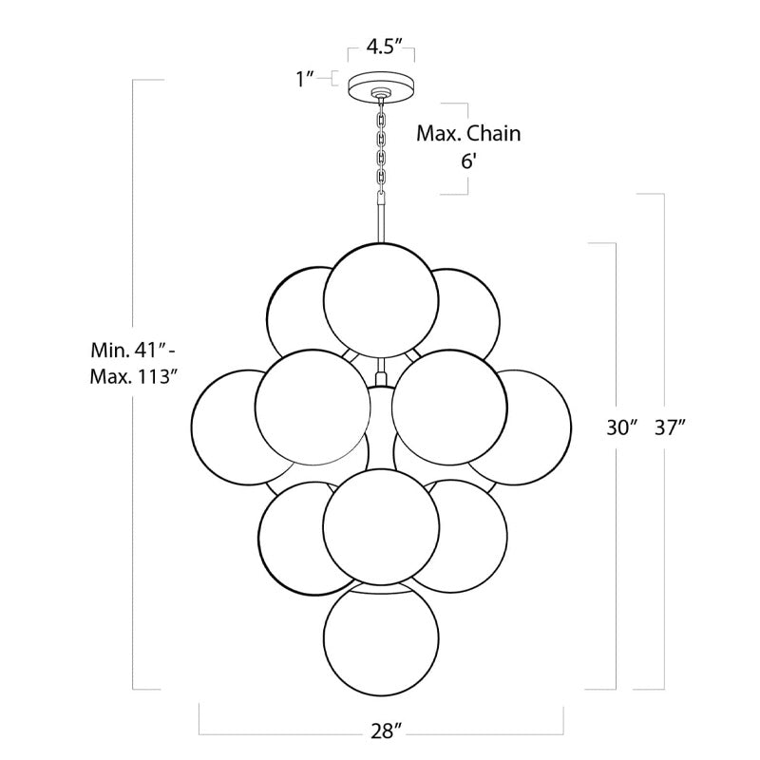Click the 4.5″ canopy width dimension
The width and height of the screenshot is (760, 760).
[385, 47]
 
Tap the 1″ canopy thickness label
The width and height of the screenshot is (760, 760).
[306, 78]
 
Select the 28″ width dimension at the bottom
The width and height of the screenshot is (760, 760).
[387, 731]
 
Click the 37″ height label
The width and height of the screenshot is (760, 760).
[671, 427]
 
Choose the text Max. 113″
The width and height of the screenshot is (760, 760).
[131, 376]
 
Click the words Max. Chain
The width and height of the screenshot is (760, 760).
[468, 133]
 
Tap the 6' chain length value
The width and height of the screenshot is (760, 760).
[468, 161]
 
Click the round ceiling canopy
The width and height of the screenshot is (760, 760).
[381, 89]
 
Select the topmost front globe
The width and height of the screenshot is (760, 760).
[381, 300]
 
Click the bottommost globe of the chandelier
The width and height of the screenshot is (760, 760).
[381, 638]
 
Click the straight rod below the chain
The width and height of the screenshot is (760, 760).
[382, 218]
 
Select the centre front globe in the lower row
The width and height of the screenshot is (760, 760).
[381, 527]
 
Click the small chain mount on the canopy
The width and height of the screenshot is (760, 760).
[381, 93]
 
